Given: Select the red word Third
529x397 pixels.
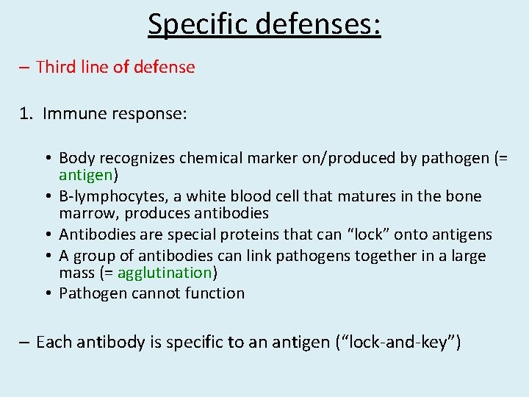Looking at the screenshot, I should [x=55, y=68].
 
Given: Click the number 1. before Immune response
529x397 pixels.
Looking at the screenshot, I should [x=26, y=114].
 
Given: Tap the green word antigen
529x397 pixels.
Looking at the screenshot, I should [x=84, y=176].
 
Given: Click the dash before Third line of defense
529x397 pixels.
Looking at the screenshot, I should [x=25, y=68].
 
